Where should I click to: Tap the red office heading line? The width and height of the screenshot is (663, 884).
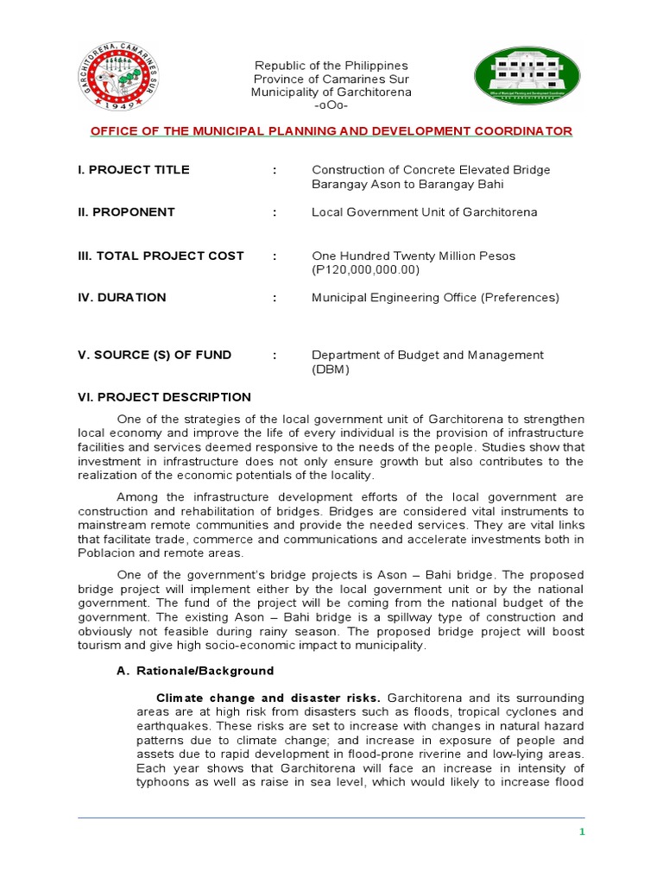(331, 131)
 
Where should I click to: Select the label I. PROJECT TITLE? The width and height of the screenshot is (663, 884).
(134, 169)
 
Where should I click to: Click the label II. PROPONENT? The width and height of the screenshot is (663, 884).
(126, 212)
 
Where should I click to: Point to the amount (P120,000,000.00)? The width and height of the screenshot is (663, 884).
(365, 270)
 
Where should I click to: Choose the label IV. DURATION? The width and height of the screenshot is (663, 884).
(122, 297)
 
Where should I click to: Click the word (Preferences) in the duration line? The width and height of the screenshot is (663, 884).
(519, 298)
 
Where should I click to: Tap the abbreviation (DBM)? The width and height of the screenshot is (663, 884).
(331, 369)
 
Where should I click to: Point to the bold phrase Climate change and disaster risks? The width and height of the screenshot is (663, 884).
(269, 697)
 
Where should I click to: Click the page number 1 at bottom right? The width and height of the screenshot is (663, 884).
(582, 831)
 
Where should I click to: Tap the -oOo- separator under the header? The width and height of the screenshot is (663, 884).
(331, 106)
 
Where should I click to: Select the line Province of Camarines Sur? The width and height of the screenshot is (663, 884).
(331, 79)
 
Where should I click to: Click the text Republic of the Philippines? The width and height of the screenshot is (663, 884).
(331, 66)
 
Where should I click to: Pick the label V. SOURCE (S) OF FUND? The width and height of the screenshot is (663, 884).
(155, 355)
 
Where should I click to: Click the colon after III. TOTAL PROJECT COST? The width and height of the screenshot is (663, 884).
(275, 256)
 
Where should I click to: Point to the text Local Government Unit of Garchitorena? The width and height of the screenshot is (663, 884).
(424, 212)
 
